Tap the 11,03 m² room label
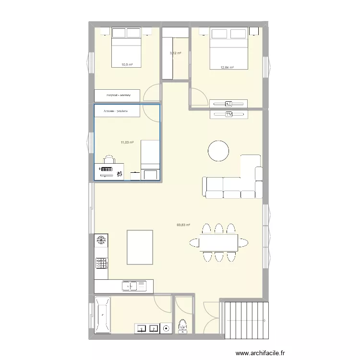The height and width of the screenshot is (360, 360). point(127,142)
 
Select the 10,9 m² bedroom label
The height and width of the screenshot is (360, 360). point(127,64)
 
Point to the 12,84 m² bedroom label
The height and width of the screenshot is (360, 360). point(227,68)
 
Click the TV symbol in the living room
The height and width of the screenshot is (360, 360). point(228,115)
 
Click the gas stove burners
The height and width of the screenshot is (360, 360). point(102,263)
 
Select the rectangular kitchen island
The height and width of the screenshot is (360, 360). point(140,247)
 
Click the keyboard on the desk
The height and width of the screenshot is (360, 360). point(106,169)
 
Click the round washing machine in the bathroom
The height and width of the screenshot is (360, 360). point(166,328)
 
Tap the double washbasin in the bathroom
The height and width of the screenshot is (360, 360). point(147,328)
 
